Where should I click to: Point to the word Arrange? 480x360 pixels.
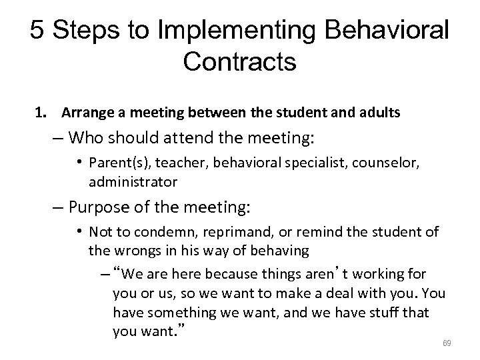83,113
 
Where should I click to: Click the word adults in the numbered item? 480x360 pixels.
381,113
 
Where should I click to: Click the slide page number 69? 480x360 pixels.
448,343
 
